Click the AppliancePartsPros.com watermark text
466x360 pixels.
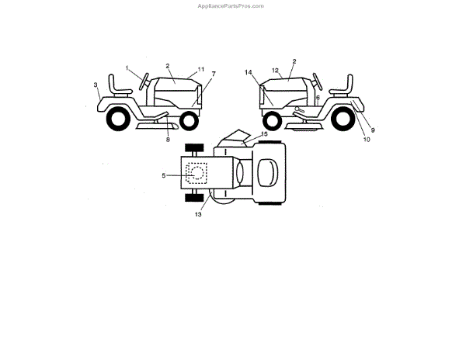coord(232,5)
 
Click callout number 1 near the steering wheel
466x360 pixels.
coord(127,70)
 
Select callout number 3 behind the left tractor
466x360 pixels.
coord(96,85)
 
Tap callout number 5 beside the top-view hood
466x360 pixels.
coord(164,175)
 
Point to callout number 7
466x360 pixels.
coord(213,74)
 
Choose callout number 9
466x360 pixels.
coord(373,130)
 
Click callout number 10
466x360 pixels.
coord(366,140)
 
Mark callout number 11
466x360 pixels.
coord(200,69)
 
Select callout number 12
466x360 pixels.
coord(275,71)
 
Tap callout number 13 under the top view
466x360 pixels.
coord(198,214)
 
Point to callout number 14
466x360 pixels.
coord(249,72)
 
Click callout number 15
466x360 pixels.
coord(264,134)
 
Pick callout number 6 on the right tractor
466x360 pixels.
coord(317,98)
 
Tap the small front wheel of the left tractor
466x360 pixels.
coord(188,119)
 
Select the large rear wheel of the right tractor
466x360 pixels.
coord(346,119)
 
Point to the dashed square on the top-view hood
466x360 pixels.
coord(198,173)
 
